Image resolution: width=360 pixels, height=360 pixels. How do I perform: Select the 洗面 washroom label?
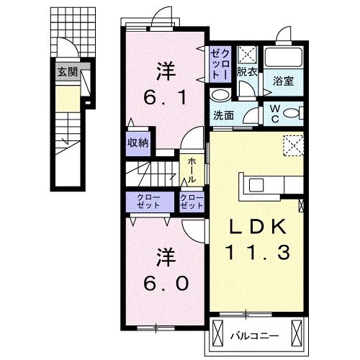point(222,113)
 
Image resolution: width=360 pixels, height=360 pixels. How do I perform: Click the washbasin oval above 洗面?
point(220,95)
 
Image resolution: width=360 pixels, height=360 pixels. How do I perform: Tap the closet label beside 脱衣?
point(219,63)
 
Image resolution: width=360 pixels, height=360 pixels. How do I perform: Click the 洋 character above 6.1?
point(166,71)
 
